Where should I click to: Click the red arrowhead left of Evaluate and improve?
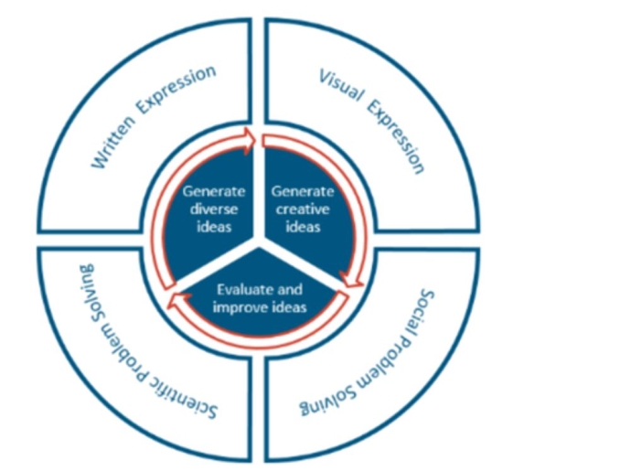(174, 302)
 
